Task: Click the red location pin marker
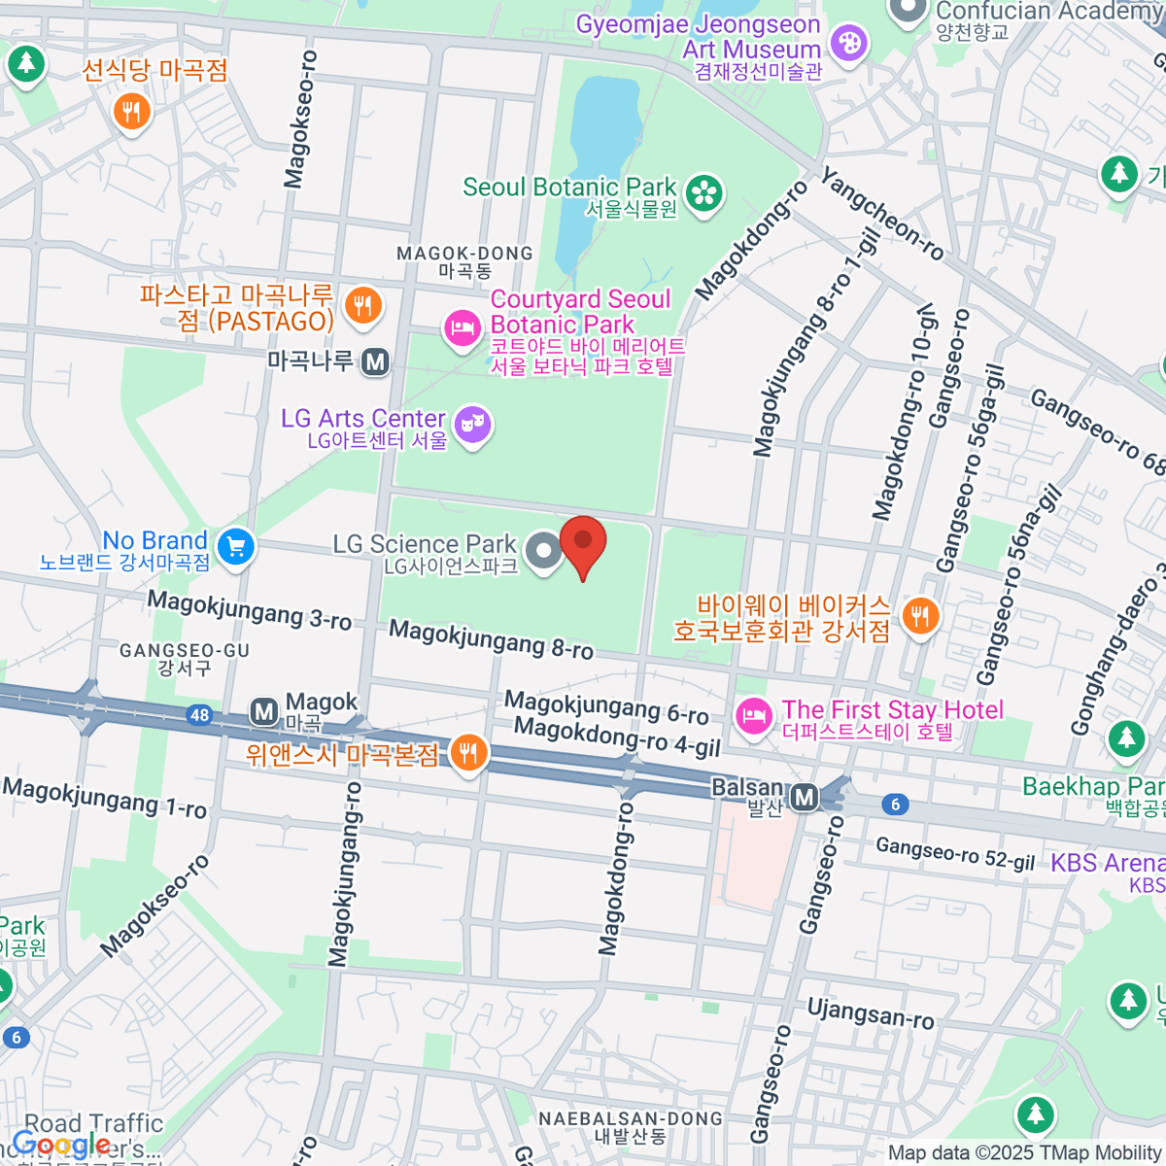[583, 544]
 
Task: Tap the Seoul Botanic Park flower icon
[704, 192]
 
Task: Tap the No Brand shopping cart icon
[234, 547]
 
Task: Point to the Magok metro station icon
[263, 712]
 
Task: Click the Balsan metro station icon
[804, 798]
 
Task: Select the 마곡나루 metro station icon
[375, 362]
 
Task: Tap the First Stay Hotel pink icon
[753, 717]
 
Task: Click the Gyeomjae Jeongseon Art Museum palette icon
[850, 42]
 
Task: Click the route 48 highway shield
[199, 716]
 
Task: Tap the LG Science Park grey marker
[544, 551]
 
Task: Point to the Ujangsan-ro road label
[871, 1013]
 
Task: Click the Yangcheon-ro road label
[882, 216]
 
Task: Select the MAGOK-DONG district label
[464, 254]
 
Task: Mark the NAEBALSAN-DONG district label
[631, 1119]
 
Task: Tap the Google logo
[60, 1144]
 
